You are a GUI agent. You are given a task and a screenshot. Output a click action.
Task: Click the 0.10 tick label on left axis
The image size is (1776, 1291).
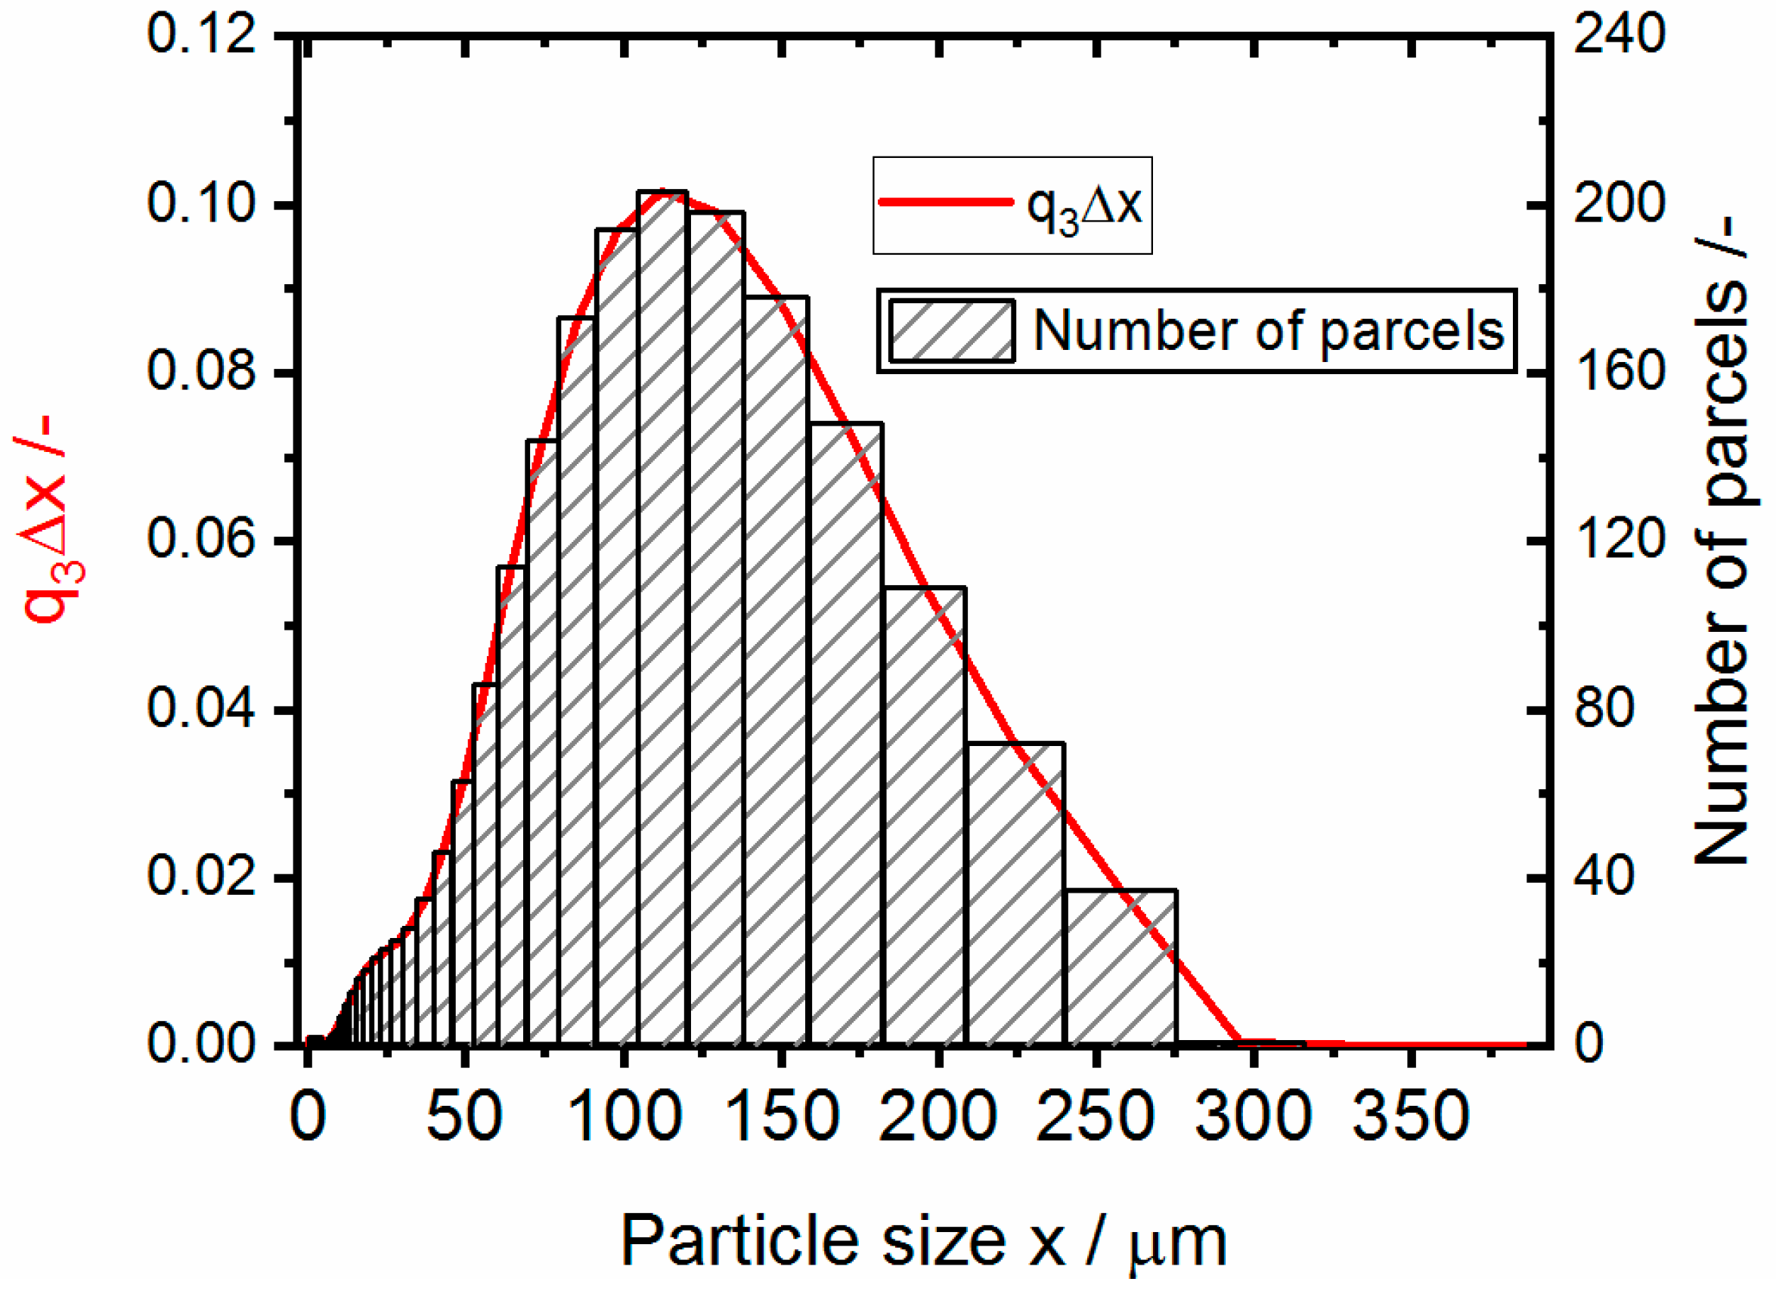point(201,204)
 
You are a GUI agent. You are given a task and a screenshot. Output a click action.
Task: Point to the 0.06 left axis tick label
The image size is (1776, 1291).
point(201,541)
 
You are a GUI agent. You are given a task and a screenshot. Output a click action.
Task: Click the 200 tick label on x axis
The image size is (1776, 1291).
point(938,1116)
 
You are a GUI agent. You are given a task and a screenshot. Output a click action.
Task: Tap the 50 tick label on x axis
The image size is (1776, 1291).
point(464,1116)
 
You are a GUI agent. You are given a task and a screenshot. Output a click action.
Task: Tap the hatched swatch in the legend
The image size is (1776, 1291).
point(951,331)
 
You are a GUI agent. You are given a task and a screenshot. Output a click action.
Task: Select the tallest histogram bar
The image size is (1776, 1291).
point(662,618)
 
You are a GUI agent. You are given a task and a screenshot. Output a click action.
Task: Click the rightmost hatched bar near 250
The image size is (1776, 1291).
point(1120,967)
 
